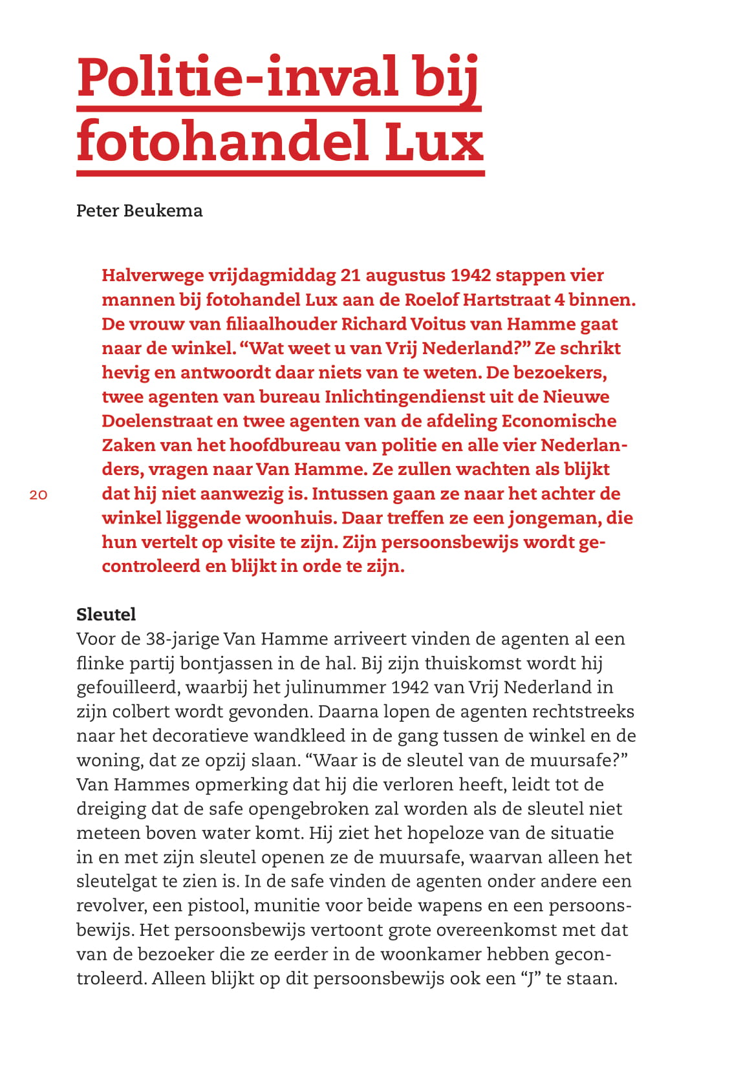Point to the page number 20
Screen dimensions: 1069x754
39,495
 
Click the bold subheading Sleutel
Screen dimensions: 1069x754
106,614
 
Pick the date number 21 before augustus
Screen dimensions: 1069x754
350,275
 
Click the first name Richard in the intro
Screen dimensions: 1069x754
372,324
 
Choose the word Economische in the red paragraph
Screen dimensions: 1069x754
559,421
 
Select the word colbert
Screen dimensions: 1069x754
135,712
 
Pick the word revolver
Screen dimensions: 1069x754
111,905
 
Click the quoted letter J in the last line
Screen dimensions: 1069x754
530,979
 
